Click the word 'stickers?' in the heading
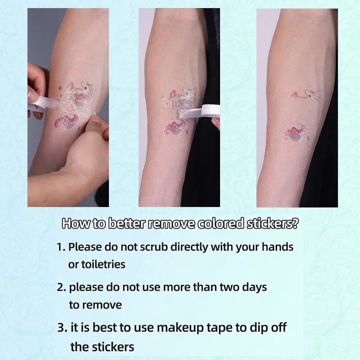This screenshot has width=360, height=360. [x=273, y=224]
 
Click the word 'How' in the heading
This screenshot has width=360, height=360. [x=76, y=224]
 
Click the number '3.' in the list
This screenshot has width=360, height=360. [x=63, y=328]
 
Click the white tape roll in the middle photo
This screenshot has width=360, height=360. [x=210, y=110]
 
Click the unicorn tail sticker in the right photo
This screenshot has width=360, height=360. [x=295, y=133]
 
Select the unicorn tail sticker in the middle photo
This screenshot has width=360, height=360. [x=175, y=128]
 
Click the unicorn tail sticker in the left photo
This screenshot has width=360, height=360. [x=67, y=121]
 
